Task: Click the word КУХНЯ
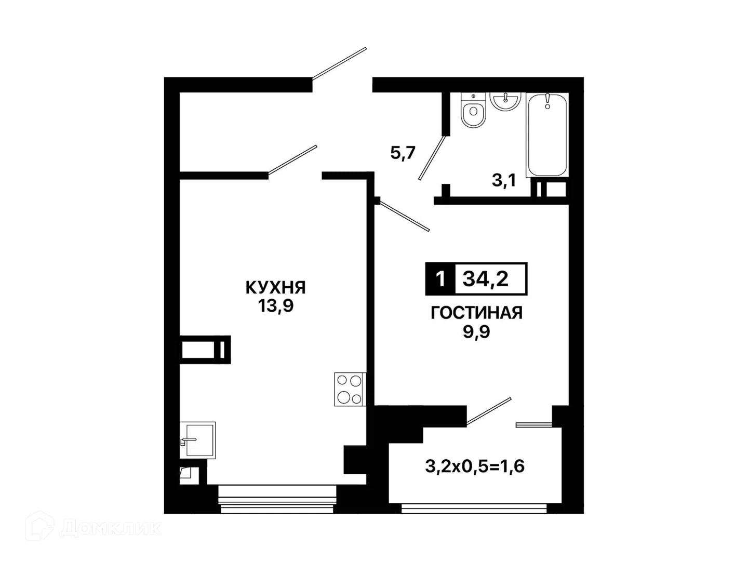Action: (275, 287)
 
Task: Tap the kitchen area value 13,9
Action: (275, 305)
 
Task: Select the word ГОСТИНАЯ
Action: (476, 313)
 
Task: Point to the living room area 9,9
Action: (476, 331)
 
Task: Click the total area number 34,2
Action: (485, 278)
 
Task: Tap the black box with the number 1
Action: (440, 278)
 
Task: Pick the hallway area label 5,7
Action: (403, 153)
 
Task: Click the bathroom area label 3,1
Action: (504, 180)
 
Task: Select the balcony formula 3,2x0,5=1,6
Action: (475, 466)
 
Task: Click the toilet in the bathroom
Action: (473, 110)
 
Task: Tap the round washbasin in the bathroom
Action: (505, 101)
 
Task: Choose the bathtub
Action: (547, 135)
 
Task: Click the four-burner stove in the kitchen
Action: (350, 390)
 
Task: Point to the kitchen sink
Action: (198, 440)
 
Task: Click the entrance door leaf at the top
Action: (339, 63)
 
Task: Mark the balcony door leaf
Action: (489, 411)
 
